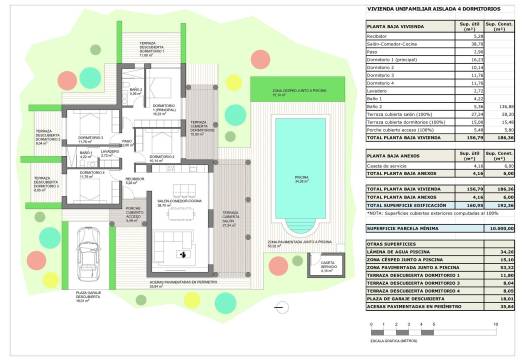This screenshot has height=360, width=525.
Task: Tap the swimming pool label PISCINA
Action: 301,178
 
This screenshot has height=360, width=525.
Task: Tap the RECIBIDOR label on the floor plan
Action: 132,179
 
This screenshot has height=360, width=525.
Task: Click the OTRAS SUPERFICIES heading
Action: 390,244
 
